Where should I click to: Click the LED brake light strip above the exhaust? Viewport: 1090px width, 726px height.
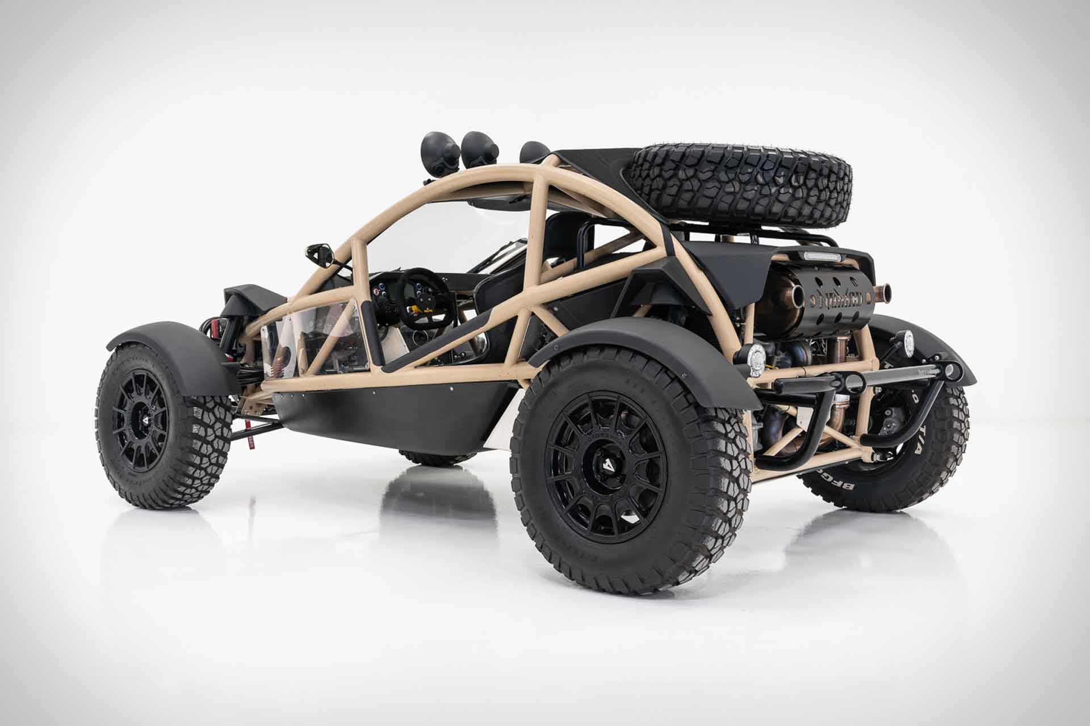(819, 257)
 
